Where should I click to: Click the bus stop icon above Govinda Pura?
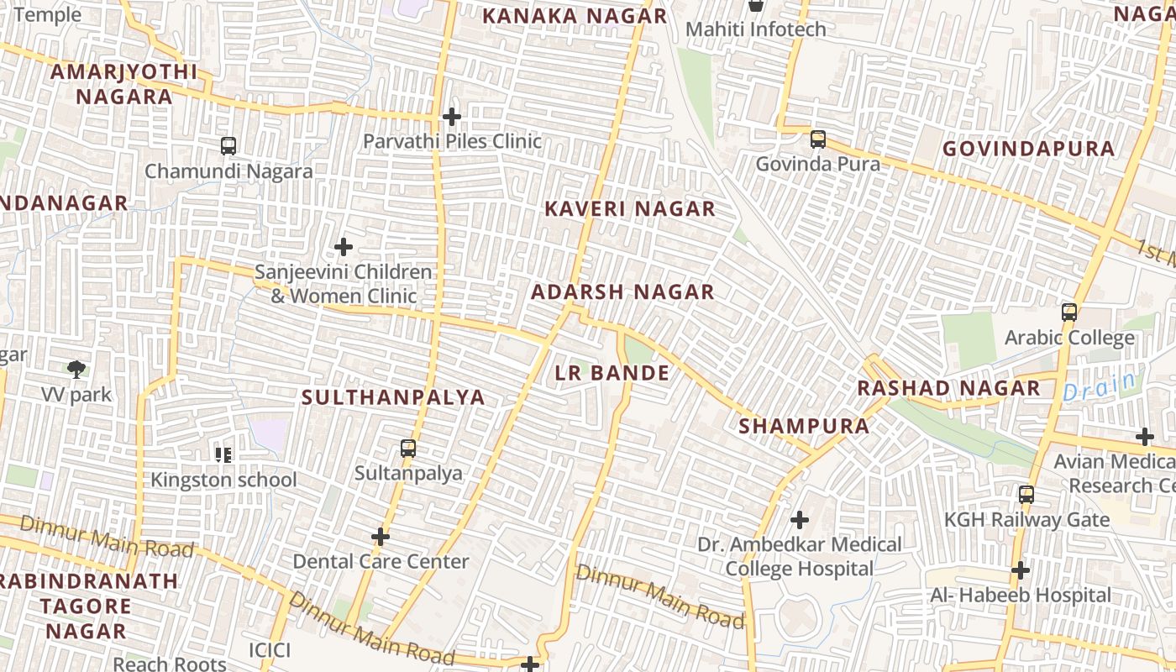[817, 139]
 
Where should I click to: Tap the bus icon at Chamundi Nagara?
[228, 146]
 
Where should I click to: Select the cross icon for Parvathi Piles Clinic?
[452, 117]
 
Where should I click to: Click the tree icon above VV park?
[76, 369]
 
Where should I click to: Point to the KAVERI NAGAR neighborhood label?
[630, 209]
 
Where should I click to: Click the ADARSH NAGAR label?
[622, 292]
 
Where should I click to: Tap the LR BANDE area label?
[612, 373]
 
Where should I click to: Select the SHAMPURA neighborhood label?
[804, 426]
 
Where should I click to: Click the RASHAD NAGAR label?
[948, 388]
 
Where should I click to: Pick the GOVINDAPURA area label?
[1028, 149]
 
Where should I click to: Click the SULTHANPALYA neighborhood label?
[393, 397]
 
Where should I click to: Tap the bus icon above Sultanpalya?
[408, 449]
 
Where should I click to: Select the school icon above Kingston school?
[223, 455]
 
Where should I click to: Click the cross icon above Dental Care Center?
[381, 537]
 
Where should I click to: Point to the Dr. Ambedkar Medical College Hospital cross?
[800, 520]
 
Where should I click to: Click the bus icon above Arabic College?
[1069, 312]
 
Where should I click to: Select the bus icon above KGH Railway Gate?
[1026, 495]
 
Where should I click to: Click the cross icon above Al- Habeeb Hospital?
[1021, 571]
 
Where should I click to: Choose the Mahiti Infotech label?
[755, 29]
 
